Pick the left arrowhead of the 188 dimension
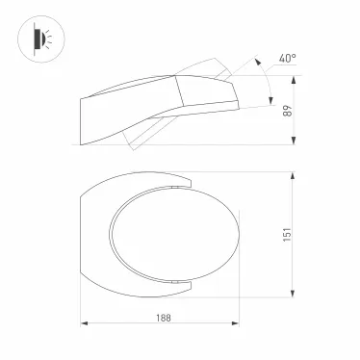(83, 325)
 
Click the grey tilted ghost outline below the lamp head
(140, 130)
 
